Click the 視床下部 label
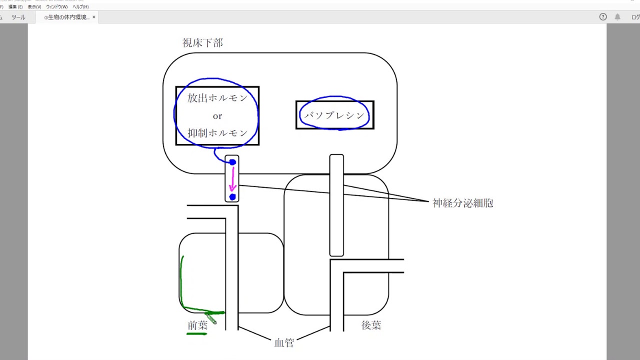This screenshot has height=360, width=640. click(x=202, y=43)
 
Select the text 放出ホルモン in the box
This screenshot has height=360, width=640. click(x=217, y=98)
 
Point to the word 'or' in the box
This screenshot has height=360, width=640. click(x=217, y=116)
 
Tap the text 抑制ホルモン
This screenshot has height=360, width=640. click(x=217, y=133)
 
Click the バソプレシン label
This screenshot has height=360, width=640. click(x=334, y=115)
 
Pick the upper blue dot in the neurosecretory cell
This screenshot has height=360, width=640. click(x=232, y=162)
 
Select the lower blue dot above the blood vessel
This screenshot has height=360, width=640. click(x=232, y=197)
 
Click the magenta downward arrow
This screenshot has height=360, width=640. click(x=232, y=180)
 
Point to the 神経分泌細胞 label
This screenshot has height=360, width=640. click(x=462, y=203)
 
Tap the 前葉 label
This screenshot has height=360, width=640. click(x=197, y=325)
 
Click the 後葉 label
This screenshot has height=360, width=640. click(x=371, y=325)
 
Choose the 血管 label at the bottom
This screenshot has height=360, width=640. click(x=284, y=342)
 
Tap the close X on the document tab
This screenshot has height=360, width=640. click(x=93, y=17)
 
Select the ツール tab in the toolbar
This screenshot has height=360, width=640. click(x=18, y=17)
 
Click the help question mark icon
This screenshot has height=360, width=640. click(x=603, y=17)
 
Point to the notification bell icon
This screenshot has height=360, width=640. click(x=617, y=17)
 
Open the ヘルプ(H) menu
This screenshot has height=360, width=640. click(x=80, y=7)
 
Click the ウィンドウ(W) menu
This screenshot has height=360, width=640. click(x=56, y=7)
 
